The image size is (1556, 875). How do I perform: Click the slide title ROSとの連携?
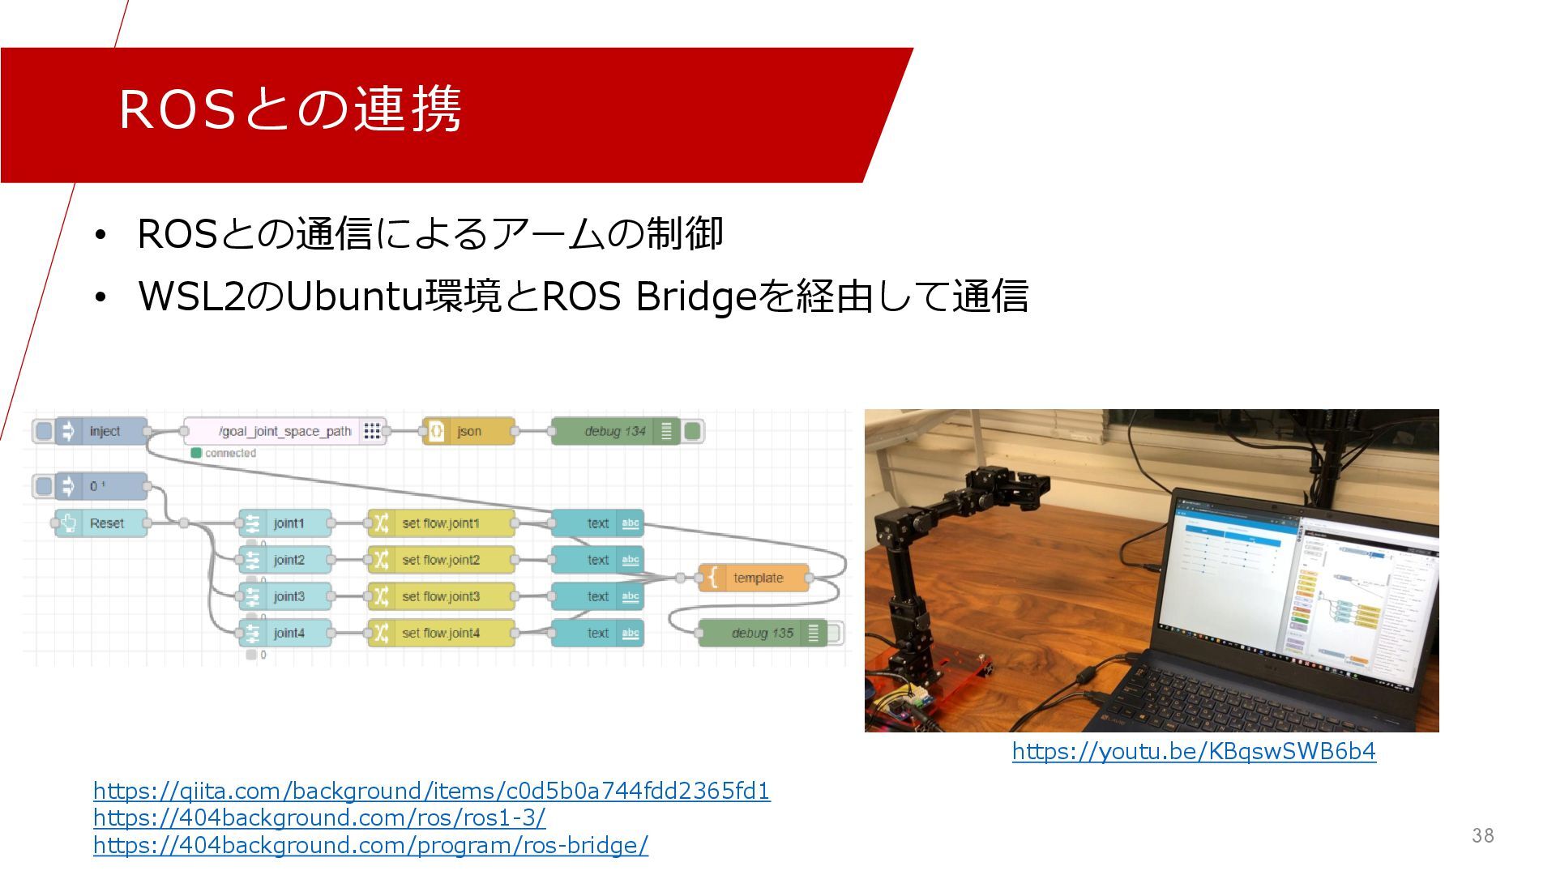click(x=290, y=109)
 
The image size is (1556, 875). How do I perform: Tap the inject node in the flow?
click(x=104, y=431)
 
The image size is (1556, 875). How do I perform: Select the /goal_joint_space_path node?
click(x=284, y=431)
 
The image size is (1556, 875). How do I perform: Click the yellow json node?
click(x=468, y=431)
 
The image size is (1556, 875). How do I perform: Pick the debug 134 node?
click(x=614, y=431)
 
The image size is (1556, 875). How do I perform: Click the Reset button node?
click(x=106, y=523)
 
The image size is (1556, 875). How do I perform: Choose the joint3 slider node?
click(x=288, y=596)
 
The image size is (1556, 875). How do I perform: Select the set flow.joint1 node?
click(x=440, y=523)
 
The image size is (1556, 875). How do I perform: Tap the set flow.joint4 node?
click(x=440, y=633)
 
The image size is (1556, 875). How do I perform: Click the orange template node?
click(x=757, y=578)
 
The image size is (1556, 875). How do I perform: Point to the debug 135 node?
click(x=762, y=633)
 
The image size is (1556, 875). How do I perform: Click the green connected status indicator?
click(x=196, y=453)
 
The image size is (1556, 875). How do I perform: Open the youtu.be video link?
click(x=1194, y=752)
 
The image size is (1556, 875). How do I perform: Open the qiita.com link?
click(x=431, y=791)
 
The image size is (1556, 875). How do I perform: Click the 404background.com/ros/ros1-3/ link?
click(x=319, y=818)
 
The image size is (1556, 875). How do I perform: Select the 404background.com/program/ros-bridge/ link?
click(x=370, y=846)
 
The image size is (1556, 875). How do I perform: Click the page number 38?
click(x=1482, y=835)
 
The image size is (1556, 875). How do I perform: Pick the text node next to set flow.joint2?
click(x=598, y=560)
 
